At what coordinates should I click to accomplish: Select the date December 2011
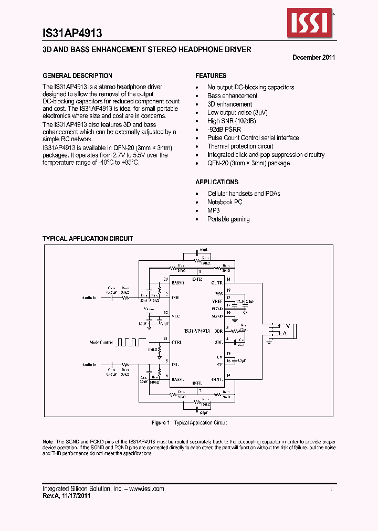pos(313,58)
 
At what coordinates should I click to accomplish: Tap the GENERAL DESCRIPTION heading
pos(77,76)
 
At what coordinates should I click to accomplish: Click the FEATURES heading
pos(211,76)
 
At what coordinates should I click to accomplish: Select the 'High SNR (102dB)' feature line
pos(232,121)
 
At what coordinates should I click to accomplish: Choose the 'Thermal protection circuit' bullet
pos(240,146)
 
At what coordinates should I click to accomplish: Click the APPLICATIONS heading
pos(217,182)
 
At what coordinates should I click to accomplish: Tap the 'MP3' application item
pos(213,210)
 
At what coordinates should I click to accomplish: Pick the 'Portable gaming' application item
pos(228,219)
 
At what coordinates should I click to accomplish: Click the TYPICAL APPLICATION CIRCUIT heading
pos(88,239)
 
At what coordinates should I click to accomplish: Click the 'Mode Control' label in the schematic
pos(101,343)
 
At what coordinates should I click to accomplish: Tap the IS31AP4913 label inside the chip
pos(197,331)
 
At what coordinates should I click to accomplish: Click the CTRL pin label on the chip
pos(176,343)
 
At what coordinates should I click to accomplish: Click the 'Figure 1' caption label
pos(160,422)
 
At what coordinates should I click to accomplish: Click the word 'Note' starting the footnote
pos(48,442)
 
